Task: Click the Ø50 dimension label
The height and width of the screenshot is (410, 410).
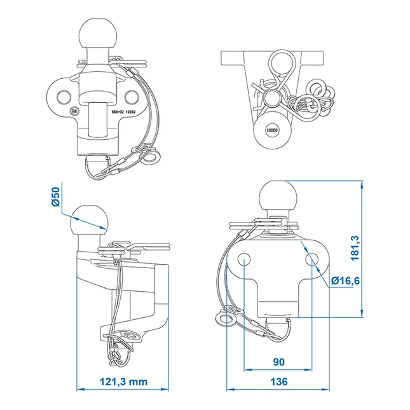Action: click(x=56, y=196)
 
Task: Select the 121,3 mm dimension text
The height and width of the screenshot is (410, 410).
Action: click(x=123, y=381)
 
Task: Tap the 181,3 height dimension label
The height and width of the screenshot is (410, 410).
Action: click(x=355, y=248)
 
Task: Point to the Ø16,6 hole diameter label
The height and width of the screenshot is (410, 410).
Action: click(x=345, y=281)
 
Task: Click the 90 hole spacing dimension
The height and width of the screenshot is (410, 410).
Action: click(x=279, y=362)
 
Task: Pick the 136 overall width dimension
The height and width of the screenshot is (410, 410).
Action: click(x=279, y=381)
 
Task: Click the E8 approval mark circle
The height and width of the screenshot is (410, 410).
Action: click(x=74, y=112)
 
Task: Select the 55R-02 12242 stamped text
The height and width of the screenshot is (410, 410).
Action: click(x=123, y=112)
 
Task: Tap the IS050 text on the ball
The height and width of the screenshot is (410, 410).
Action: click(x=272, y=130)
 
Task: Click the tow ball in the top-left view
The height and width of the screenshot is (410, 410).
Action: click(x=98, y=34)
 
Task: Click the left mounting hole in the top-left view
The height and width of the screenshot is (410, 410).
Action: click(x=64, y=97)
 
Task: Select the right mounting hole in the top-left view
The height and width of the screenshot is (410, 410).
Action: click(x=132, y=97)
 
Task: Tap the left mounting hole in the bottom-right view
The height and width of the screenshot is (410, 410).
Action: click(x=244, y=259)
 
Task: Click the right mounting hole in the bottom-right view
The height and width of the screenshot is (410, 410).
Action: click(x=312, y=259)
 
